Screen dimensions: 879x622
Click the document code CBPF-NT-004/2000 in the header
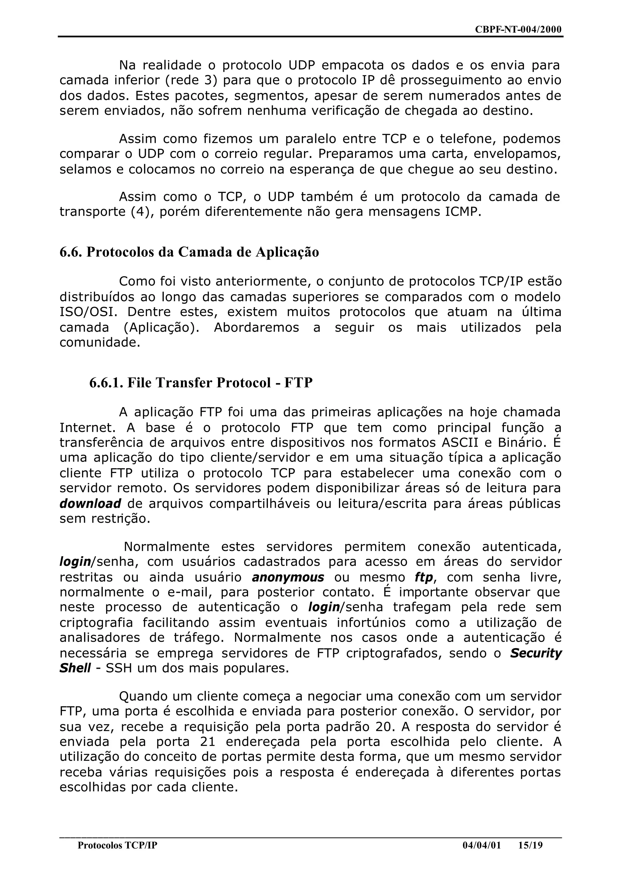518,29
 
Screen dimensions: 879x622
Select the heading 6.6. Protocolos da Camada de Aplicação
189,252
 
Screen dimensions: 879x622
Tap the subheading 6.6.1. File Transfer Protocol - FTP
201,383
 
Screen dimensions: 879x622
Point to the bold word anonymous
288,577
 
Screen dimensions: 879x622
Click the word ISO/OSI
88,312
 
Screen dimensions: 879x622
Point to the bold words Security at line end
535,653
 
